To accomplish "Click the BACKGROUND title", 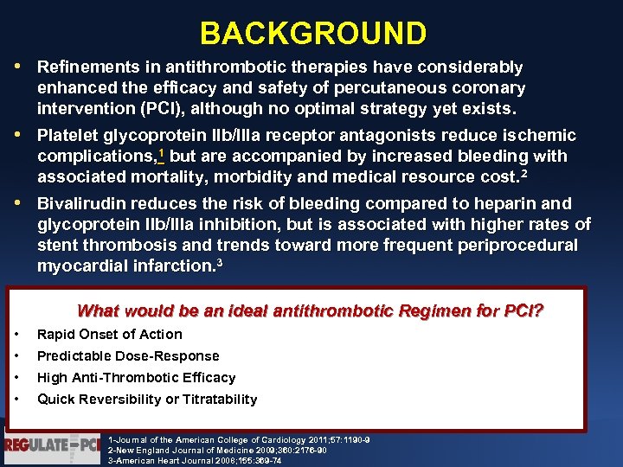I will tap(312, 33).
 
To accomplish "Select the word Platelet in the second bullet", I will tap(67, 136).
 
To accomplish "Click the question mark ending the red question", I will tap(538, 310).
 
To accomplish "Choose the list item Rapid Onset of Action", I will tap(109, 335).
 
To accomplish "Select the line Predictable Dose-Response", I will tap(128, 356).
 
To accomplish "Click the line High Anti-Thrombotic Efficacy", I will tap(136, 378).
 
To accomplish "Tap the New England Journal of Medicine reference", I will tap(217, 451).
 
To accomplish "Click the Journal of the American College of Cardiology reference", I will tap(238, 439).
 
